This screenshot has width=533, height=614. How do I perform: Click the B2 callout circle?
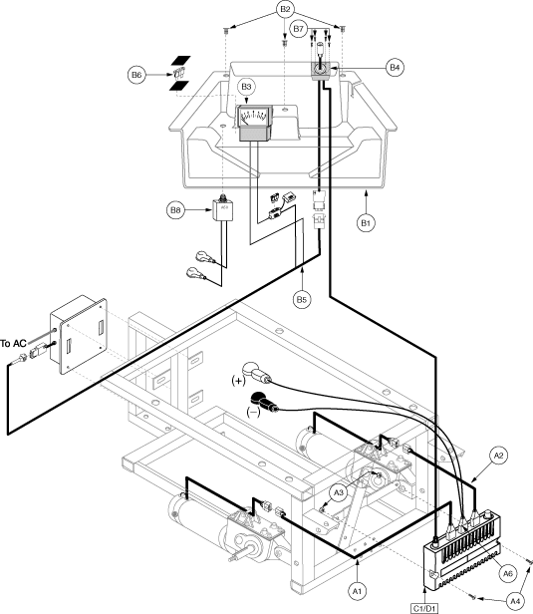[x=285, y=9]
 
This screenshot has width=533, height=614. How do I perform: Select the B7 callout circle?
[x=299, y=29]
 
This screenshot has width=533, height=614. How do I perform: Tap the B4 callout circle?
[x=395, y=68]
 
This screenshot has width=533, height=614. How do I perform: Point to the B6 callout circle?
[x=136, y=75]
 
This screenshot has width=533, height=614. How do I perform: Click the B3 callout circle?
[x=246, y=87]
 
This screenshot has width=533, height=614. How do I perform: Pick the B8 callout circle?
[x=175, y=210]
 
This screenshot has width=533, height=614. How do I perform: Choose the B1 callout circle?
[x=366, y=223]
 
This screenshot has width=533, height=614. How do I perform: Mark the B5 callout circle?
[x=301, y=300]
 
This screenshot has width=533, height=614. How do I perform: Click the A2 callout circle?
[x=498, y=456]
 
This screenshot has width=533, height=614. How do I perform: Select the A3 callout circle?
[x=339, y=492]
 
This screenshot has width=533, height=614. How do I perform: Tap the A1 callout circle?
[x=357, y=591]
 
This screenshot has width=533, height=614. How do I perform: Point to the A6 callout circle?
[x=507, y=574]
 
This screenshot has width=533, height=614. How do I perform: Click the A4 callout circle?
[x=515, y=600]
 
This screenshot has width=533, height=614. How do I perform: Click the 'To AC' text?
[x=13, y=344]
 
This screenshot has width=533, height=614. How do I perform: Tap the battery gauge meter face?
[x=253, y=116]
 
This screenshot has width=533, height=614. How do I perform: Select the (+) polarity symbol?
[x=238, y=380]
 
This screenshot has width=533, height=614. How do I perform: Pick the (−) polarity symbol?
[x=254, y=412]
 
